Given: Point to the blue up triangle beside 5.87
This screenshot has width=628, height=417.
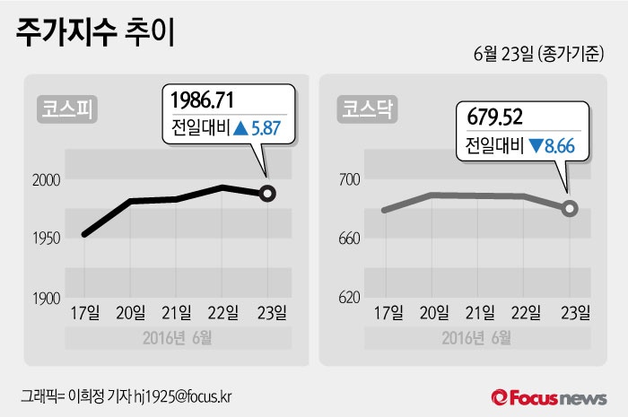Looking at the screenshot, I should pos(240,128).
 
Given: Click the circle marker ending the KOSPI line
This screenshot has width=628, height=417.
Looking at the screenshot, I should pos(267,193).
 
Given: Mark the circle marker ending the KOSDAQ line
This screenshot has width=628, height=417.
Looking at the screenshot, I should pos(571,209).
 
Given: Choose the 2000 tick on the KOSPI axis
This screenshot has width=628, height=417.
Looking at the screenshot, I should pos(46,180).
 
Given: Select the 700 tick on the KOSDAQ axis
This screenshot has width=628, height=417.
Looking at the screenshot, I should pos(349,180).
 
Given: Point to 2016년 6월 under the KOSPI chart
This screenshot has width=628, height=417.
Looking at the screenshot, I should pos(178,338).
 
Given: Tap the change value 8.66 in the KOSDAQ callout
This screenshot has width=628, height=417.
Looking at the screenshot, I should pos(557,144).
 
